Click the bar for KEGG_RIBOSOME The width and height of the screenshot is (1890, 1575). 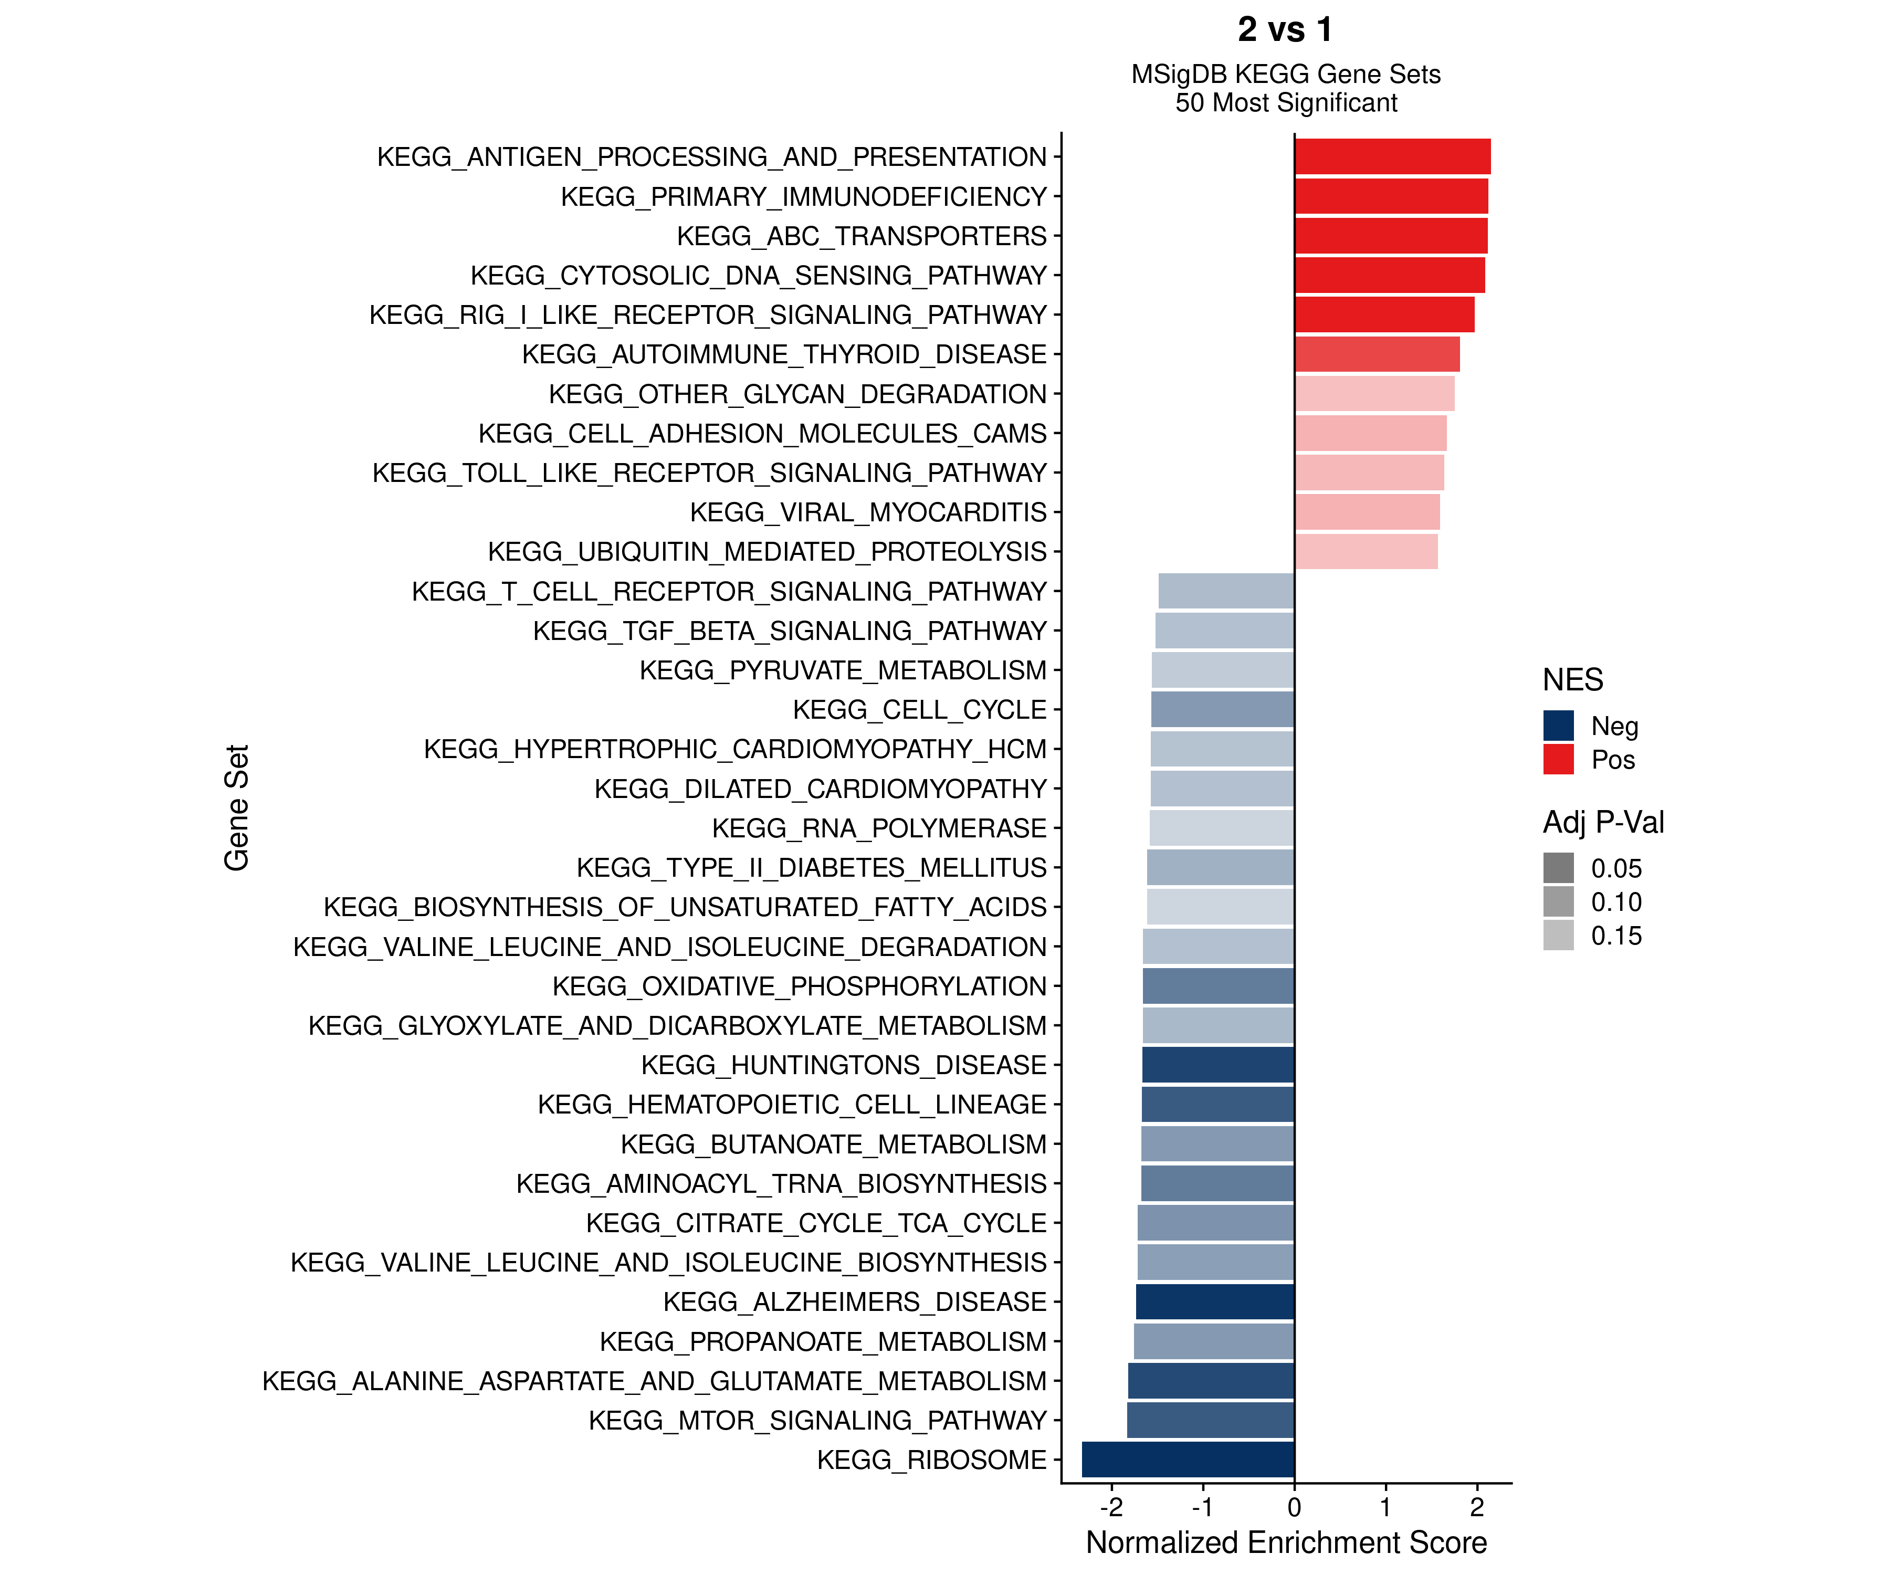1188,1459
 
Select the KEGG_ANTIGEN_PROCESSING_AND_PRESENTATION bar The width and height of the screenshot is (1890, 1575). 1392,156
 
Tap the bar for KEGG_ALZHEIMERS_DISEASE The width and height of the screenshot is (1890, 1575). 1215,1301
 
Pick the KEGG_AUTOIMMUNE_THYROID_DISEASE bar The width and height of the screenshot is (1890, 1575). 1377,354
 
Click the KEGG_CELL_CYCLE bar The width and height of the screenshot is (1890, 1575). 1222,709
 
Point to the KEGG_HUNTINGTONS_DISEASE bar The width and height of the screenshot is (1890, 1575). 1217,1065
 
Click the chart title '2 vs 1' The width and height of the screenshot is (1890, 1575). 1285,30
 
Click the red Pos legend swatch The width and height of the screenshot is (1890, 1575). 1558,759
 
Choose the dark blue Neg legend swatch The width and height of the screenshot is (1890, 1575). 1558,726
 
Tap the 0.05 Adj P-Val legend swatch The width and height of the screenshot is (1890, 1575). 1558,868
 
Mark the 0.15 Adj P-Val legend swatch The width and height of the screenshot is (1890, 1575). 1558,935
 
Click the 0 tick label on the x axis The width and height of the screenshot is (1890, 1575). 1294,1507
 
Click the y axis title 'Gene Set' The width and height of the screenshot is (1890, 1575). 237,807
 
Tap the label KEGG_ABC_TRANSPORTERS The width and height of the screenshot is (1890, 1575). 862,236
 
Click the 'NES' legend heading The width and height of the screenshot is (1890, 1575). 1572,679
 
